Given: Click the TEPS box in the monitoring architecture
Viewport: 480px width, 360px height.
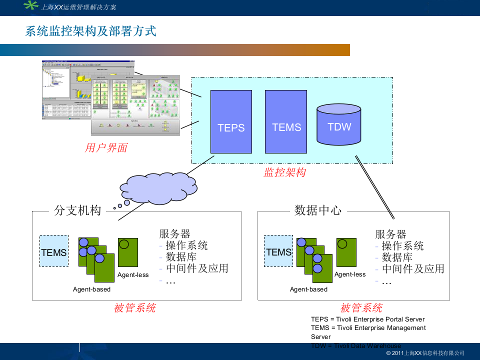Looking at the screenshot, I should [231, 121].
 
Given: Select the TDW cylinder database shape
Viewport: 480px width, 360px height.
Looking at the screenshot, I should [339, 126].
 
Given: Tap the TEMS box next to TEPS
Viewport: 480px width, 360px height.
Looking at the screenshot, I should [286, 121].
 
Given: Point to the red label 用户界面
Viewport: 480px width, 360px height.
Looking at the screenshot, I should [106, 147].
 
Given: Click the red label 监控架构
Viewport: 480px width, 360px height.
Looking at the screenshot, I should [284, 172].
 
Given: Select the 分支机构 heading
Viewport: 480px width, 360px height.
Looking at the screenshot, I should [77, 210].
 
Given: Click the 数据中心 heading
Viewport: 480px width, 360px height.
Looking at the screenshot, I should [318, 210].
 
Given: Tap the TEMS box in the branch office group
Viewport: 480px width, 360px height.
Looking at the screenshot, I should [54, 251].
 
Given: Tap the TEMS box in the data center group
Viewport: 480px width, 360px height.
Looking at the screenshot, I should [278, 251].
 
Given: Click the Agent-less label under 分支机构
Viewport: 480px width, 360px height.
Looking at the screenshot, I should [133, 274].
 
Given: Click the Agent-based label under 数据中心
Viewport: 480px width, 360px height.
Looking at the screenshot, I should [308, 289].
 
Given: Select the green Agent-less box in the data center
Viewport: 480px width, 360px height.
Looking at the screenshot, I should [346, 252].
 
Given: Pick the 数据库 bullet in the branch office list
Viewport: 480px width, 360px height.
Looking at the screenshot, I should [181, 257].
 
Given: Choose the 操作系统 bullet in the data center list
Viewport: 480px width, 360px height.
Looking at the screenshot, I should [402, 245].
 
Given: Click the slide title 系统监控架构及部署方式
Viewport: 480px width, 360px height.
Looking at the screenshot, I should [90, 31].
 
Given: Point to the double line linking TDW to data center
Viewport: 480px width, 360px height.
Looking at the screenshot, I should [375, 187].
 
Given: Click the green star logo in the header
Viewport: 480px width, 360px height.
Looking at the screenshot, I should [31, 6].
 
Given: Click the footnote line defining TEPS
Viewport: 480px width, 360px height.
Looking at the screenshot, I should [367, 319].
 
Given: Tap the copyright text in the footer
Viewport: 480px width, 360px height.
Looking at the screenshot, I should [425, 353].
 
